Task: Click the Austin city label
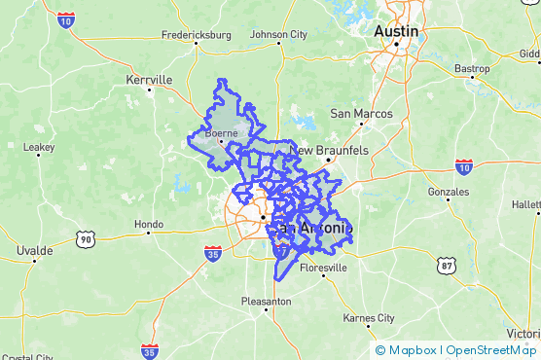pos(396,31)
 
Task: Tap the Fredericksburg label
pos(199,35)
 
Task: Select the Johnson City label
pos(278,35)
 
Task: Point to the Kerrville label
pos(149,80)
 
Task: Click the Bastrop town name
pos(472,68)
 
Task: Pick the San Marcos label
pos(361,114)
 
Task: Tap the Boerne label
pos(222,134)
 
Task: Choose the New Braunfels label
pos(329,151)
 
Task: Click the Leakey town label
pos(39,148)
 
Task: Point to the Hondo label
pos(149,225)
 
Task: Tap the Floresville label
pos(323,268)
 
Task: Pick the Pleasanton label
pos(266,302)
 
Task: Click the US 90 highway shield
pos(87,238)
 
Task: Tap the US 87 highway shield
pos(447,265)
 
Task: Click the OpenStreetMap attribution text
pos(490,350)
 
